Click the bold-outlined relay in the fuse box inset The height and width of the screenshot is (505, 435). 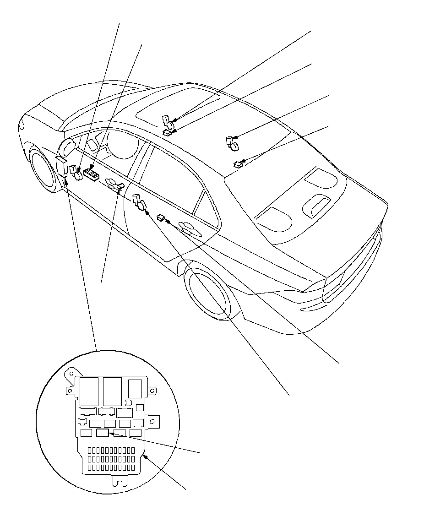pos(103,433)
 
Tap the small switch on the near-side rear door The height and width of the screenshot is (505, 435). pos(161,217)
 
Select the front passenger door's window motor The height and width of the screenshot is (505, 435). pos(168,123)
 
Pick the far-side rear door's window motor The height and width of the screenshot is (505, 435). pos(232,143)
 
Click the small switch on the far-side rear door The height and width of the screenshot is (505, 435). pos(238,163)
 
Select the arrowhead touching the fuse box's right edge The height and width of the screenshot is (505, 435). pos(144,456)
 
